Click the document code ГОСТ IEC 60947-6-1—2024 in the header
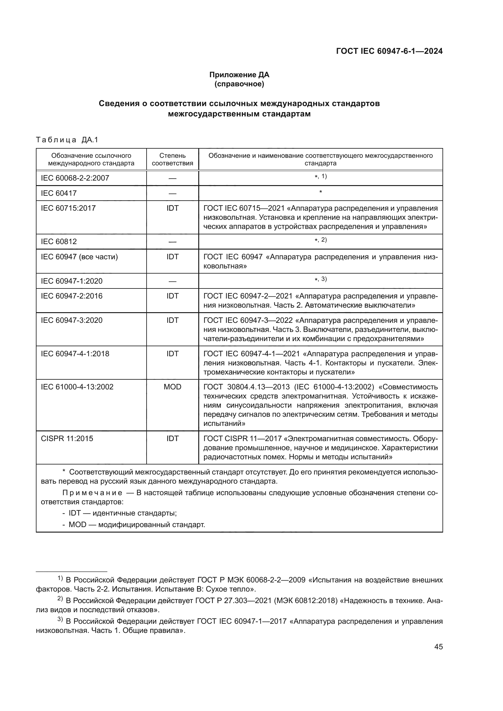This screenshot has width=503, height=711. [x=389, y=51]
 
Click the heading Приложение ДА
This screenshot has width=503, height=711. [x=239, y=75]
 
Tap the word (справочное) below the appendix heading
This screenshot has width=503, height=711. [x=239, y=84]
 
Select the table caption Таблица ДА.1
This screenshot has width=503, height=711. [x=67, y=140]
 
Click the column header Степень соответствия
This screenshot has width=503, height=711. [x=172, y=159]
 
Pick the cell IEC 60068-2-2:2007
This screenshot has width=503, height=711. [x=75, y=178]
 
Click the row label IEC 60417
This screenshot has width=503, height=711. [x=59, y=193]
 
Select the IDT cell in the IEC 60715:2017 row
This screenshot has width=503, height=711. [x=172, y=208]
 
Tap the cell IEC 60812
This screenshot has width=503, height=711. [x=59, y=242]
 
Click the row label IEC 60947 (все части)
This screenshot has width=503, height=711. [x=79, y=257]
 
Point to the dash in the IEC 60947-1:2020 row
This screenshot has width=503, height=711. [x=172, y=281]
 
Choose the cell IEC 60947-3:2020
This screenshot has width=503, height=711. [x=71, y=320]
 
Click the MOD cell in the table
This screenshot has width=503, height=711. [x=172, y=387]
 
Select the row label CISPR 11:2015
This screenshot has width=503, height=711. [x=67, y=439]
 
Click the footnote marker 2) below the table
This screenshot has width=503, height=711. [x=61, y=599]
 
